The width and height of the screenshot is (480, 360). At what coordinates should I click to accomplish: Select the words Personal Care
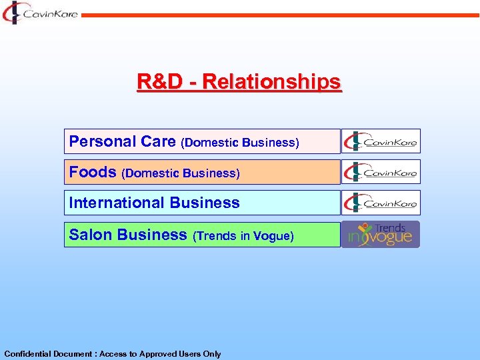point(123,141)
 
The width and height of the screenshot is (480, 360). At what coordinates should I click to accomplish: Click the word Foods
point(93,172)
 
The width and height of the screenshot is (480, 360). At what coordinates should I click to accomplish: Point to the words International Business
point(154,203)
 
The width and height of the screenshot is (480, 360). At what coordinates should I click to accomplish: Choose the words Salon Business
point(128,235)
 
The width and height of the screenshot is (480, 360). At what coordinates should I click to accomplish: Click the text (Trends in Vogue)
point(243,236)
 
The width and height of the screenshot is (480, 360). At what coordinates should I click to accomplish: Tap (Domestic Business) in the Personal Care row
point(240,143)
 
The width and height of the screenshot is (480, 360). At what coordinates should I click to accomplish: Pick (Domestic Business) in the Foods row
point(181,173)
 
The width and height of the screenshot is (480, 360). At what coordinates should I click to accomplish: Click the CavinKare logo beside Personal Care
point(381,141)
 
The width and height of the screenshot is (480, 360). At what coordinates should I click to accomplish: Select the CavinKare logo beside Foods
point(381,172)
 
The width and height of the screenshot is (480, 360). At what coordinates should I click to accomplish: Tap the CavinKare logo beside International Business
point(381,203)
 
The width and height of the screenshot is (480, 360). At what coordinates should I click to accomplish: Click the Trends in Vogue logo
point(381,235)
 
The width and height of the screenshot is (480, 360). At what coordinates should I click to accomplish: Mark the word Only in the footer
point(211,354)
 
